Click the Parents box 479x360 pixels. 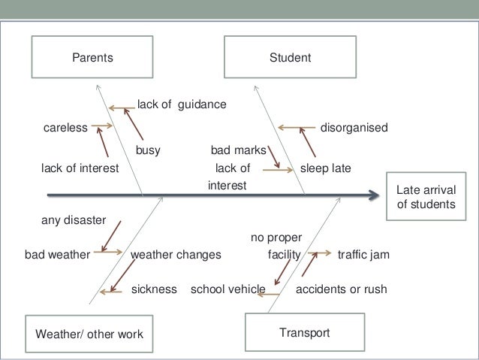(x=92, y=57)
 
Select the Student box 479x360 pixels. (x=291, y=57)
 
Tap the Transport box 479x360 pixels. (x=304, y=331)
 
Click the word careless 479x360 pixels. (x=65, y=128)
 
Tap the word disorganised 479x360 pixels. (x=354, y=128)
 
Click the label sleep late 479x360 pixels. (x=326, y=168)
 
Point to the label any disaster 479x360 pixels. (x=73, y=219)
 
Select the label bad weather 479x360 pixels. (x=58, y=254)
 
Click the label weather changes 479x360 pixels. (x=176, y=254)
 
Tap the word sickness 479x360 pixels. (x=154, y=289)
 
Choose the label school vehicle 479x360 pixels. (x=228, y=289)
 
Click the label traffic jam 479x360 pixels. (x=364, y=254)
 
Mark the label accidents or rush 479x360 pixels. (x=342, y=289)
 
